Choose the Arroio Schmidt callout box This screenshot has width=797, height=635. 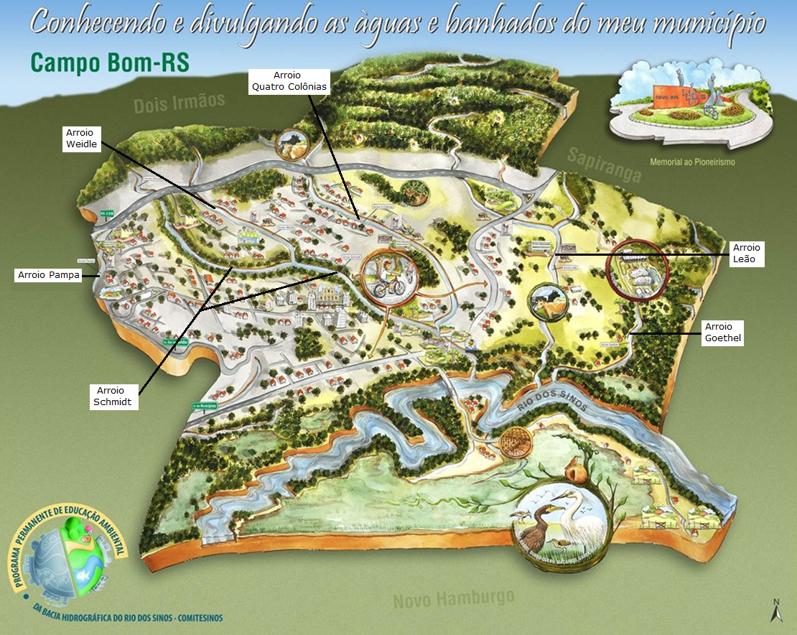pyautogui.click(x=112, y=397)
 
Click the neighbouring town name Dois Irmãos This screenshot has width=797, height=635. pyautogui.click(x=180, y=103)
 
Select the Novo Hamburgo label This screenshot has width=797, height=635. pyautogui.click(x=454, y=598)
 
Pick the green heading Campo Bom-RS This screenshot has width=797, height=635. pyautogui.click(x=110, y=62)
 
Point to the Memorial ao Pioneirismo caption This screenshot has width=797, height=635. pyautogui.click(x=692, y=162)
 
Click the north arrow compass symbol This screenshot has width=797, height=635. pyautogui.click(x=776, y=611)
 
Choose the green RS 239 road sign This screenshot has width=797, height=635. pyautogui.click(x=108, y=213)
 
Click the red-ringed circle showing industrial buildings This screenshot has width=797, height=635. pyautogui.click(x=637, y=268)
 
